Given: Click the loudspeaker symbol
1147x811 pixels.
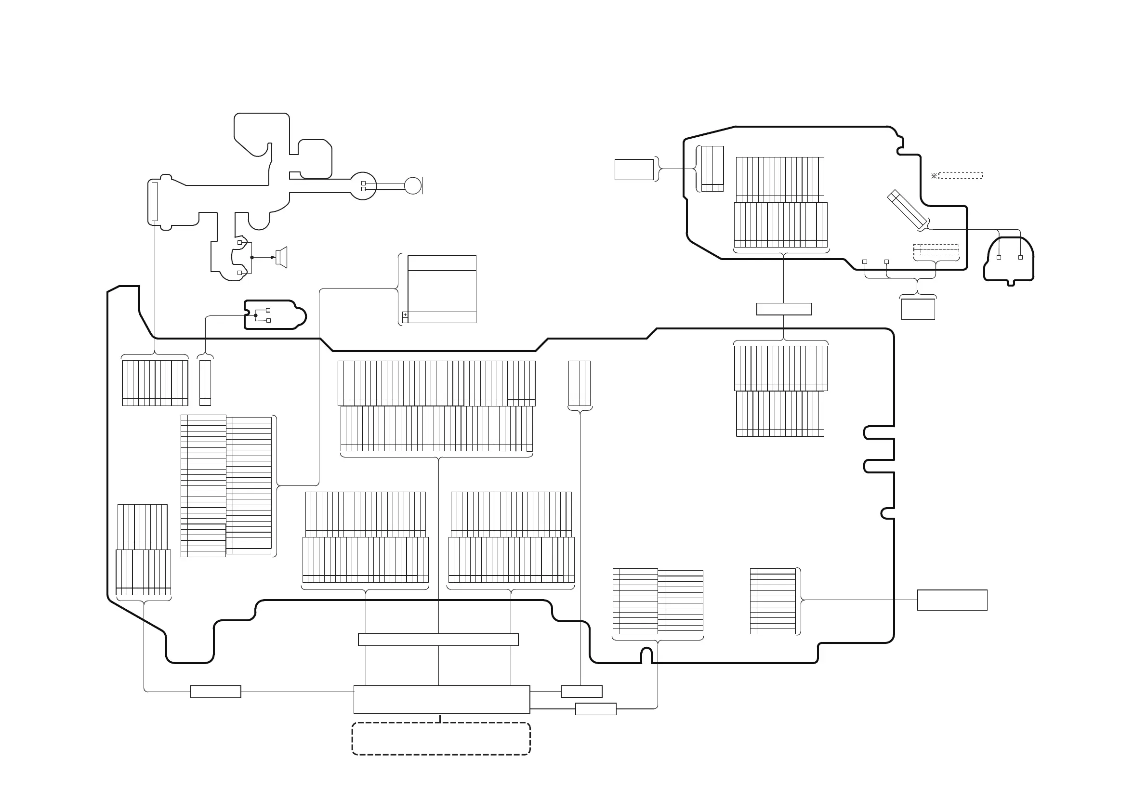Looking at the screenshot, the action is click(282, 257).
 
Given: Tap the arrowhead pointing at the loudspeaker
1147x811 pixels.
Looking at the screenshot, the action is click(273, 258).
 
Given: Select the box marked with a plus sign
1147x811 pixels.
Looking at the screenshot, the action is click(405, 314).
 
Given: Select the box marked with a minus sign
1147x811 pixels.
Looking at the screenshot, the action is click(405, 320).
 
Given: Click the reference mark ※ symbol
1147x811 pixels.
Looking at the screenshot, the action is click(934, 176).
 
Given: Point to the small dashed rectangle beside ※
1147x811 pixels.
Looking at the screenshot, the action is click(961, 176).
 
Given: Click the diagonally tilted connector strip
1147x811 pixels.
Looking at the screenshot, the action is click(907, 210).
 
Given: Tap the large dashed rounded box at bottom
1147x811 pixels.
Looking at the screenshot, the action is click(441, 739).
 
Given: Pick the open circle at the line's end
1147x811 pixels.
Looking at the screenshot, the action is click(413, 186).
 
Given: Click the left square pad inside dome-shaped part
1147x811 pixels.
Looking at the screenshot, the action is click(999, 257).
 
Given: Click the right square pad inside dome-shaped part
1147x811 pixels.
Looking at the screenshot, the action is click(1020, 257).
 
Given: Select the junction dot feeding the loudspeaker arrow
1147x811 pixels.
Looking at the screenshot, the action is click(252, 258).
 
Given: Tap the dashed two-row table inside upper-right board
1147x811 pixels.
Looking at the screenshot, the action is click(936, 249).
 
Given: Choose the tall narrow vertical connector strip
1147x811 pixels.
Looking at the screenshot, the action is click(154, 201).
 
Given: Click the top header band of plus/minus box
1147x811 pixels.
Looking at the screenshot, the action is click(442, 263).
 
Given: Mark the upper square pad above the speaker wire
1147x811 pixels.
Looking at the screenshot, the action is click(240, 243).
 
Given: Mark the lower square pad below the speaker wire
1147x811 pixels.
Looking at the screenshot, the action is click(240, 273).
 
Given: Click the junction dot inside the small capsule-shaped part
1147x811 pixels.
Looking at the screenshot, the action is click(256, 315).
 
